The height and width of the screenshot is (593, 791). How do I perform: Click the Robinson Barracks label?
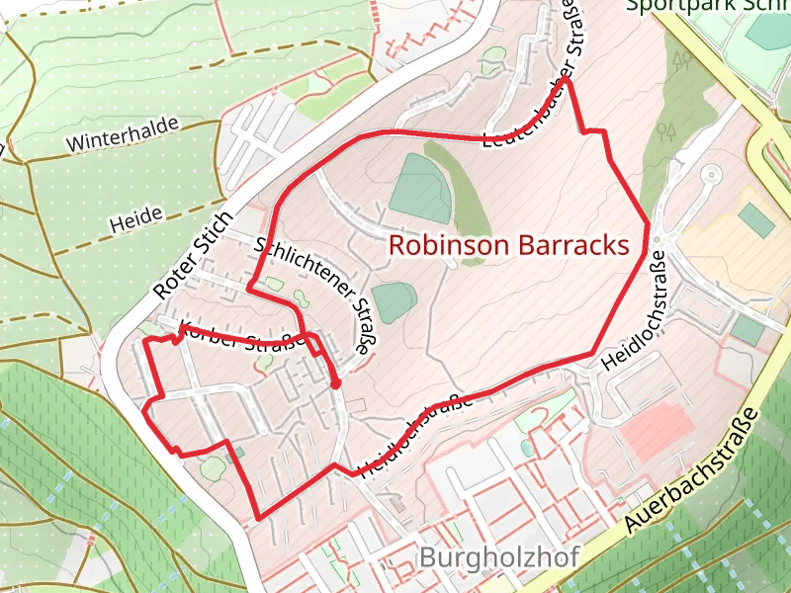[x=509, y=245]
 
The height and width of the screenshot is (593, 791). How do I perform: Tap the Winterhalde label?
[x=123, y=135]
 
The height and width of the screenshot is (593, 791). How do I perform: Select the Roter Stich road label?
[x=195, y=255]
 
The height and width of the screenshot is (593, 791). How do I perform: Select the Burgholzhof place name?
[x=498, y=556]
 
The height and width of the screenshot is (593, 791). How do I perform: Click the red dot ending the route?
[x=336, y=383]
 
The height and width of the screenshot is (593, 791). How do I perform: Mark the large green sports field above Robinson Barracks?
[x=421, y=188]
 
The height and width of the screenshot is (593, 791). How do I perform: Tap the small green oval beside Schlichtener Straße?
[x=394, y=300]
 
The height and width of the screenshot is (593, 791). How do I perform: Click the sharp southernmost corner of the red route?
[x=259, y=517]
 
